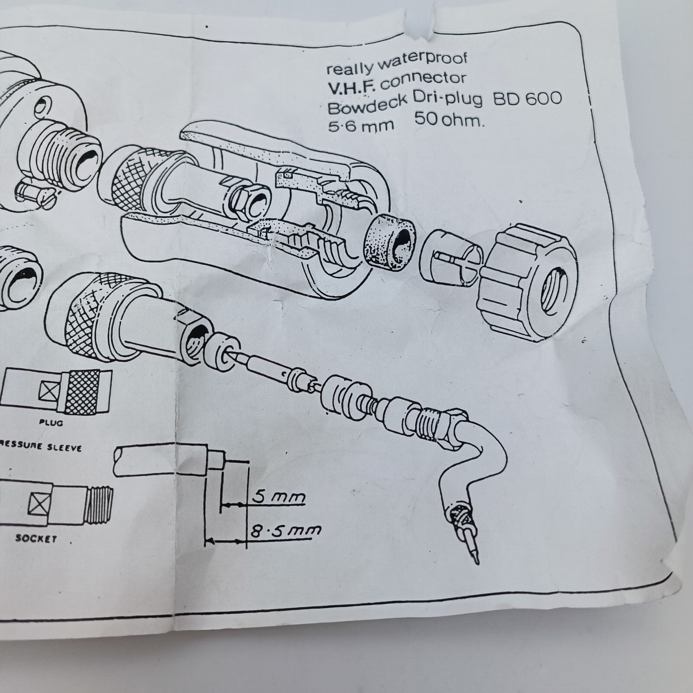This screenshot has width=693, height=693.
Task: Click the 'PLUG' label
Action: (x=50, y=421)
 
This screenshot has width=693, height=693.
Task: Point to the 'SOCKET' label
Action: (x=36, y=538)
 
